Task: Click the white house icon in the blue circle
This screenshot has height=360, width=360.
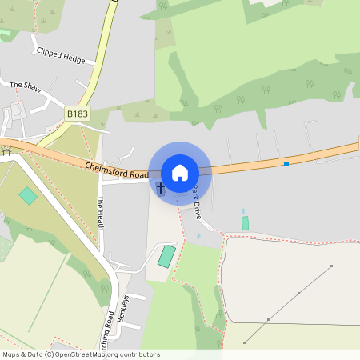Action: [x=180, y=173]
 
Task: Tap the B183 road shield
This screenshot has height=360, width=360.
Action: [x=78, y=114]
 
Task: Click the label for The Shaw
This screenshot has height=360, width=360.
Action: [x=24, y=86]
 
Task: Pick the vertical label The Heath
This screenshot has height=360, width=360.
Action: [x=101, y=213]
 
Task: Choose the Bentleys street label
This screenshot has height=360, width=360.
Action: [x=122, y=308]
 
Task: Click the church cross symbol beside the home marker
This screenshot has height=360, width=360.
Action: [x=160, y=188]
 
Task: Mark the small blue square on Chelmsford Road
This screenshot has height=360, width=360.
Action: [x=286, y=163]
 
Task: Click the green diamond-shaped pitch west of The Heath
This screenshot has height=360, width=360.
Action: [x=28, y=195]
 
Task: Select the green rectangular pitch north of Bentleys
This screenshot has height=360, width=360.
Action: [x=166, y=257]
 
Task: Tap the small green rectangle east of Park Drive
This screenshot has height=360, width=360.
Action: [x=245, y=223]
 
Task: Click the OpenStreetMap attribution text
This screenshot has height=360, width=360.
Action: [x=80, y=354]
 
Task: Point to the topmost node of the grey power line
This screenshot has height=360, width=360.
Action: [x=331, y=266]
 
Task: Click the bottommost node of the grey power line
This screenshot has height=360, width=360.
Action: [x=245, y=342]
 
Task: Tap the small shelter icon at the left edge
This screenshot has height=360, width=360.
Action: [x=4, y=152]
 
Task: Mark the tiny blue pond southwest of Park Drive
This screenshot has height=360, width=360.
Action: [x=198, y=236]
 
